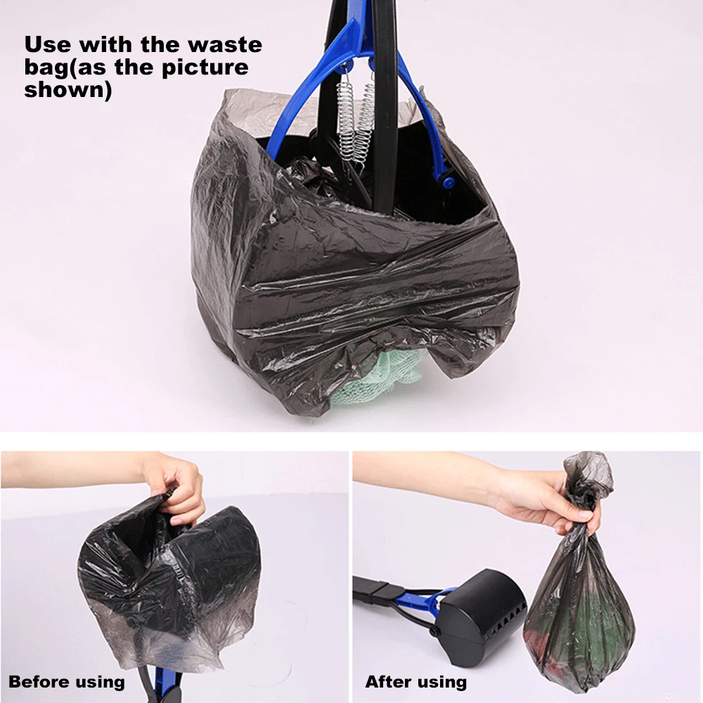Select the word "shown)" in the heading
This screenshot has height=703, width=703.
[x=68, y=91]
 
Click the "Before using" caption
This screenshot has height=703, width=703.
[x=67, y=681]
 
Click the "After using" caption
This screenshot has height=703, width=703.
[x=415, y=681]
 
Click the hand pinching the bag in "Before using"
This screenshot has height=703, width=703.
[x=178, y=486]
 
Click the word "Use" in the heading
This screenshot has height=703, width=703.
[x=47, y=45]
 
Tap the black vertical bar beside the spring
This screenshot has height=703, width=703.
[x=385, y=105]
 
